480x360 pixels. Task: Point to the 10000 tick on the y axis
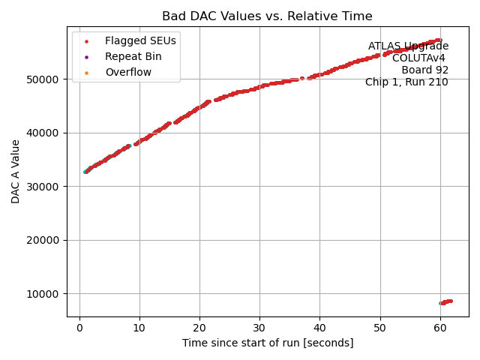point(44,294)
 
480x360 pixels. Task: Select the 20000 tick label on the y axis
point(44,240)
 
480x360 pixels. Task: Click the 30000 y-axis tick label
point(44,187)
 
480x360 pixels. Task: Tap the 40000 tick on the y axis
point(44,133)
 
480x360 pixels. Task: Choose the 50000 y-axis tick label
point(44,79)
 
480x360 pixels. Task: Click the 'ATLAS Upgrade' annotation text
point(408,46)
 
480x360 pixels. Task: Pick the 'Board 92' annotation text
point(424,70)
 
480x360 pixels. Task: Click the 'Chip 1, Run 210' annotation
point(406,82)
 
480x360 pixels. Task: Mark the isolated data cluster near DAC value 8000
point(445,302)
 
